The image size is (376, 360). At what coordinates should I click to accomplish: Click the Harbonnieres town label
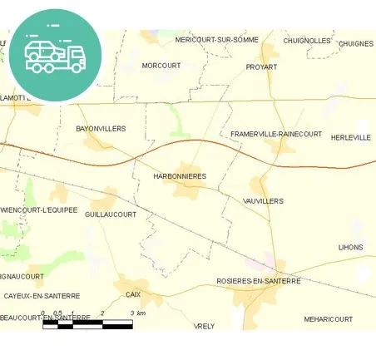[180, 176]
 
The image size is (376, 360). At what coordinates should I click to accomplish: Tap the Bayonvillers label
[100, 129]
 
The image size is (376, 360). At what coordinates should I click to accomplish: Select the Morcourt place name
[161, 65]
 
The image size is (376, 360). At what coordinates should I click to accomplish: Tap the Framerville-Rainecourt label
[275, 134]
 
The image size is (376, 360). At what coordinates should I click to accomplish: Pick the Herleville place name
[350, 137]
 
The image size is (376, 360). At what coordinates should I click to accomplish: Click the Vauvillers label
[264, 201]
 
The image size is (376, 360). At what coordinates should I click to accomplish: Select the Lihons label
[350, 247]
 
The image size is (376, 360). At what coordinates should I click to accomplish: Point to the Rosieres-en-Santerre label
[258, 281]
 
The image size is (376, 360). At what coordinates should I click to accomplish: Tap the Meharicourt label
[328, 319]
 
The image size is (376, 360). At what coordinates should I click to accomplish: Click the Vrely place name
[204, 326]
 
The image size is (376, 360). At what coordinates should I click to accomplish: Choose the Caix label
[133, 294]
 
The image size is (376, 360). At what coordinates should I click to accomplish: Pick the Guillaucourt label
[111, 214]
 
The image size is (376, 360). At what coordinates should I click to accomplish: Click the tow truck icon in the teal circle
[55, 55]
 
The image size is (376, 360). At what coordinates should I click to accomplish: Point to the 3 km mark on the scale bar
[132, 313]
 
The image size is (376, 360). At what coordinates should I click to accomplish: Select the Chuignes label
[356, 43]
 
